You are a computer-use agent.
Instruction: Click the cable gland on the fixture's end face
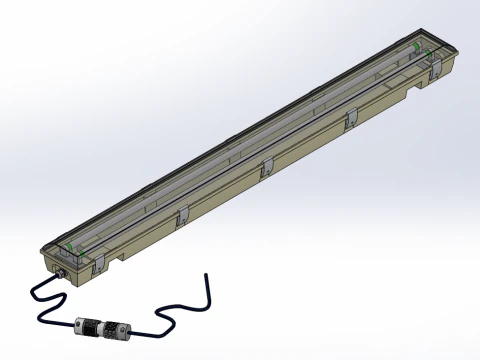coord(59,271)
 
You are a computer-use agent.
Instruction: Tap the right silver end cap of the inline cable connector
coord(128,328)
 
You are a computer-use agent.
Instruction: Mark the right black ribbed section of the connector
coord(117,328)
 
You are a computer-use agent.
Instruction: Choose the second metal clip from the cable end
coord(183,215)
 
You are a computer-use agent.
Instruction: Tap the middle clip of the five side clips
coord(266,168)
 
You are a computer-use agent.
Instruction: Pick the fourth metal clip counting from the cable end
coord(350,120)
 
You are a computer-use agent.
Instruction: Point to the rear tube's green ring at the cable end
coord(70,243)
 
